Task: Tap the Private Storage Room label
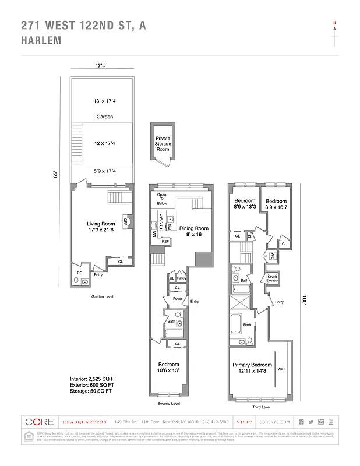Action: (x=163, y=144)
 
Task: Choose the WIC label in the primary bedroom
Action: (x=281, y=369)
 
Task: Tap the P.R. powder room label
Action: (x=79, y=272)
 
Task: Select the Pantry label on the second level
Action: (x=181, y=278)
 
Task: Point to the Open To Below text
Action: (x=162, y=200)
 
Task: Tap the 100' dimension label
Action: (x=303, y=301)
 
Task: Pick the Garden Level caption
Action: (x=102, y=296)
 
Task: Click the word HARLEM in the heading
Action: (x=40, y=41)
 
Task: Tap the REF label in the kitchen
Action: (x=165, y=241)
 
